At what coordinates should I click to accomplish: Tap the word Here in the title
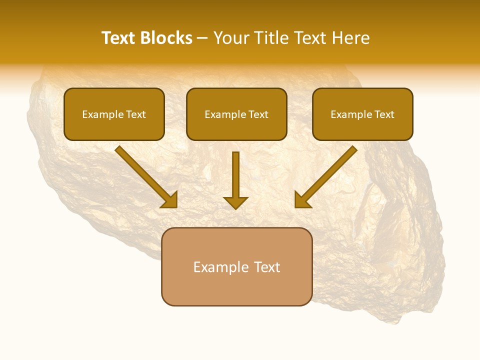[x=350, y=38]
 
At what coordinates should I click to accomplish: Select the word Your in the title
[x=230, y=38]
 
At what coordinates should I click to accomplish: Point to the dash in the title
[x=202, y=38]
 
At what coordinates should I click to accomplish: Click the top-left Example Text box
[x=114, y=114]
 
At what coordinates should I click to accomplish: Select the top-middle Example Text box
[x=236, y=114]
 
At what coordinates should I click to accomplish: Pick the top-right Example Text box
[x=362, y=114]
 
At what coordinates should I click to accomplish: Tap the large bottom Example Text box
[x=236, y=266]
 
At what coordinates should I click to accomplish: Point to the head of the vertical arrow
[x=235, y=201]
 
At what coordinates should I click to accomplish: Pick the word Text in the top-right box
[x=384, y=114]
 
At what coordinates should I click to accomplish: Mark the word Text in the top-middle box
[x=258, y=114]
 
